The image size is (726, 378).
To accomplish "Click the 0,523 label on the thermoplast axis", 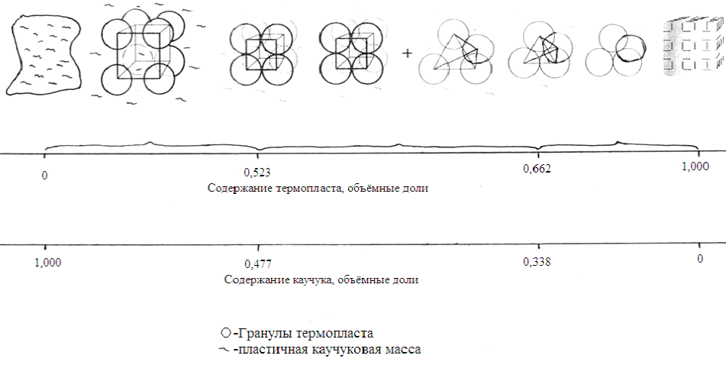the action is coord(257,173).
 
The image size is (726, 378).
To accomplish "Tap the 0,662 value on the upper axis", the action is coord(537,168).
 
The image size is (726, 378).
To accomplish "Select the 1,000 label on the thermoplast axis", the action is coord(695,166).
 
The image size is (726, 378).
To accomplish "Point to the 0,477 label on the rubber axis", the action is coord(258,264).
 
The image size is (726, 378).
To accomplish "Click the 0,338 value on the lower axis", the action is coord(537,262).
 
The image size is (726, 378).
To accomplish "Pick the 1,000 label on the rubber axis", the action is coord(47,263).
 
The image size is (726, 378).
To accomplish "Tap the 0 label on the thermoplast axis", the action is coord(44,176).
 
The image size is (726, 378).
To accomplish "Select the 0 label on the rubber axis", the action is coord(700,258).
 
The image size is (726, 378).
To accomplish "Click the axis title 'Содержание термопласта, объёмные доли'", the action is coord(318,188).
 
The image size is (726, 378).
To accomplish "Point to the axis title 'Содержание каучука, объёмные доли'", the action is coord(321,279).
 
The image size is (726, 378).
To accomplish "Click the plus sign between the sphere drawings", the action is coord(407,53).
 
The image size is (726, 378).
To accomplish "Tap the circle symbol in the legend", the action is coord(225,333).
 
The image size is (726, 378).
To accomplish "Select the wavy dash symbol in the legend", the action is coord(224,350).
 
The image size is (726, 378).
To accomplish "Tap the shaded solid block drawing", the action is coord(693,47).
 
